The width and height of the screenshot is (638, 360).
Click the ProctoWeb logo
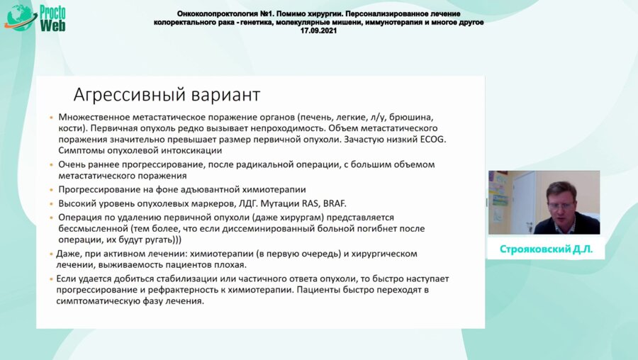(37, 16)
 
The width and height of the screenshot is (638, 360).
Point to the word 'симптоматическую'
(99, 300)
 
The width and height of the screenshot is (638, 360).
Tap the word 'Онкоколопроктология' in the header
(216, 14)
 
